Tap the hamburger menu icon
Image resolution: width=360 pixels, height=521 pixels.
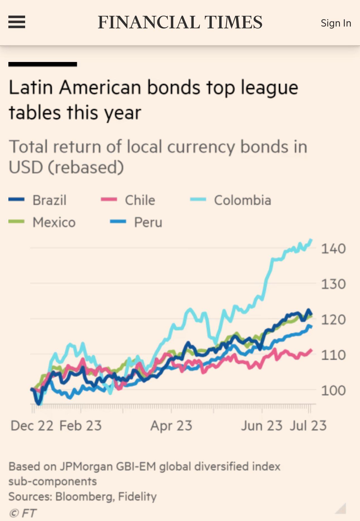(17, 22)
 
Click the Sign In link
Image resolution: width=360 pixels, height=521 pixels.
(336, 23)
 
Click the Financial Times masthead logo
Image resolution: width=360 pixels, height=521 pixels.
(180, 22)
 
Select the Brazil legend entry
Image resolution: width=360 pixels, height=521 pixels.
(49, 200)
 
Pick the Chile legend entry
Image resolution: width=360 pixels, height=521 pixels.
(140, 200)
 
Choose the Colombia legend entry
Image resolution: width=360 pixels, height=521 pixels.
(242, 200)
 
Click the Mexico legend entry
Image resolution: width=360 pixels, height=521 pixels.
(54, 222)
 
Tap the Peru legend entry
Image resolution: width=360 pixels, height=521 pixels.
(148, 222)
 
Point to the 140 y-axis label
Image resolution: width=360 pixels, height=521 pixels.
(333, 249)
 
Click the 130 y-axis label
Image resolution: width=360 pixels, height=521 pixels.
(333, 284)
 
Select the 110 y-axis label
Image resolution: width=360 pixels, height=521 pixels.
(333, 355)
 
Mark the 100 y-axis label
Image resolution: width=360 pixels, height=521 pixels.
(333, 390)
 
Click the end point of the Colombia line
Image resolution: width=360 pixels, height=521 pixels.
(311, 239)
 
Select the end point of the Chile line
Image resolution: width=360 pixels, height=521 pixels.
(311, 350)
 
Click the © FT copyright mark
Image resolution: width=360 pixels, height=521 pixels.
(22, 513)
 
